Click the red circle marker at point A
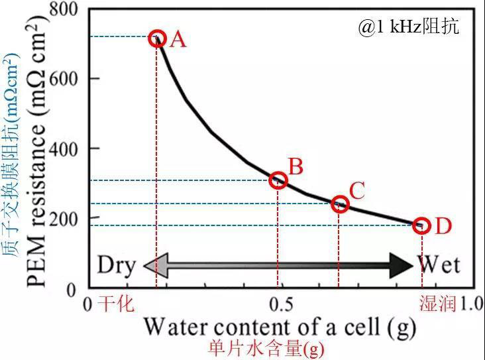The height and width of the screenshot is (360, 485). [157, 38]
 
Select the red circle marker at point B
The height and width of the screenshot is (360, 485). [279, 180]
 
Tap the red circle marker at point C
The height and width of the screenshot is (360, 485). [340, 204]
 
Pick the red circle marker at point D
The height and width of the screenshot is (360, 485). [421, 225]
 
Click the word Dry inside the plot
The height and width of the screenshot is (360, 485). [117, 266]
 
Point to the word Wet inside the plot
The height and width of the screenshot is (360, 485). [439, 266]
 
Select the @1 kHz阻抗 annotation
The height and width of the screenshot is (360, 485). [409, 27]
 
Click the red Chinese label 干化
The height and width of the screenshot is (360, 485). [116, 304]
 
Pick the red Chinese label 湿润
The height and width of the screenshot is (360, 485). [437, 304]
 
